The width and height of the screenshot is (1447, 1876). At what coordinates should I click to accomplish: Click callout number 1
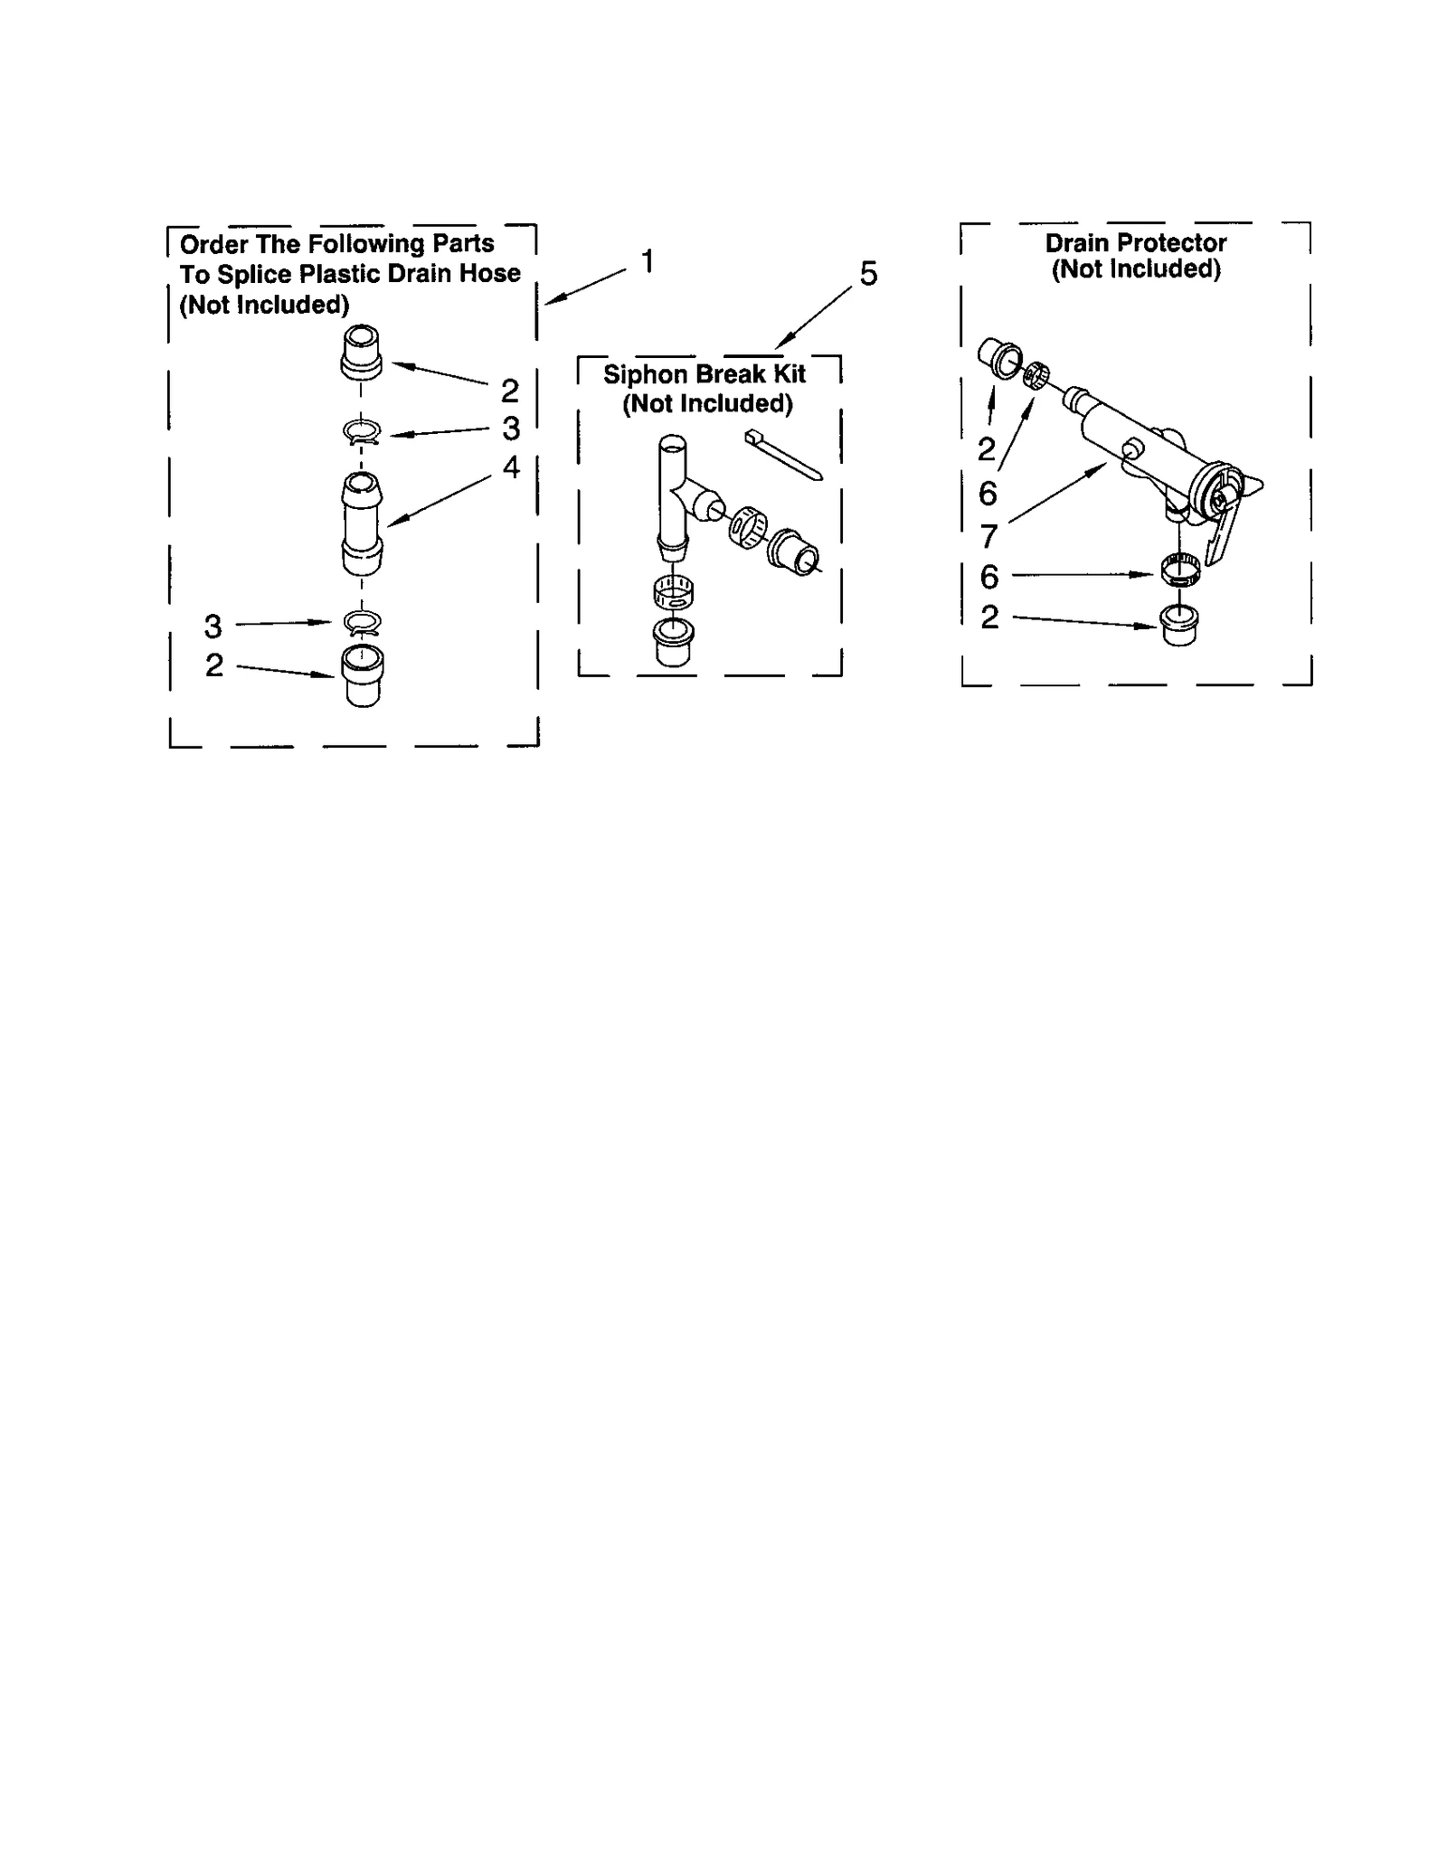click(x=648, y=262)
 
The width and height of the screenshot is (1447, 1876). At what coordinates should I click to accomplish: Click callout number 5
click(x=868, y=274)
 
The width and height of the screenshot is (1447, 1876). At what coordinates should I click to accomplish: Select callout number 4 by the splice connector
click(x=511, y=467)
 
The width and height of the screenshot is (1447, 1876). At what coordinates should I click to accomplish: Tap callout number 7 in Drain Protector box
click(x=988, y=536)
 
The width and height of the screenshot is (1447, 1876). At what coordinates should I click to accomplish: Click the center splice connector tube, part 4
click(x=362, y=524)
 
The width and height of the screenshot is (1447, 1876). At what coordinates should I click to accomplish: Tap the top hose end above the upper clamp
click(x=361, y=354)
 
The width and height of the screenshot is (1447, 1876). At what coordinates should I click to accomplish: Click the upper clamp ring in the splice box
click(x=362, y=432)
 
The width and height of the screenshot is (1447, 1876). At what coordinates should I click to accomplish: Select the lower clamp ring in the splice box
click(x=363, y=622)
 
